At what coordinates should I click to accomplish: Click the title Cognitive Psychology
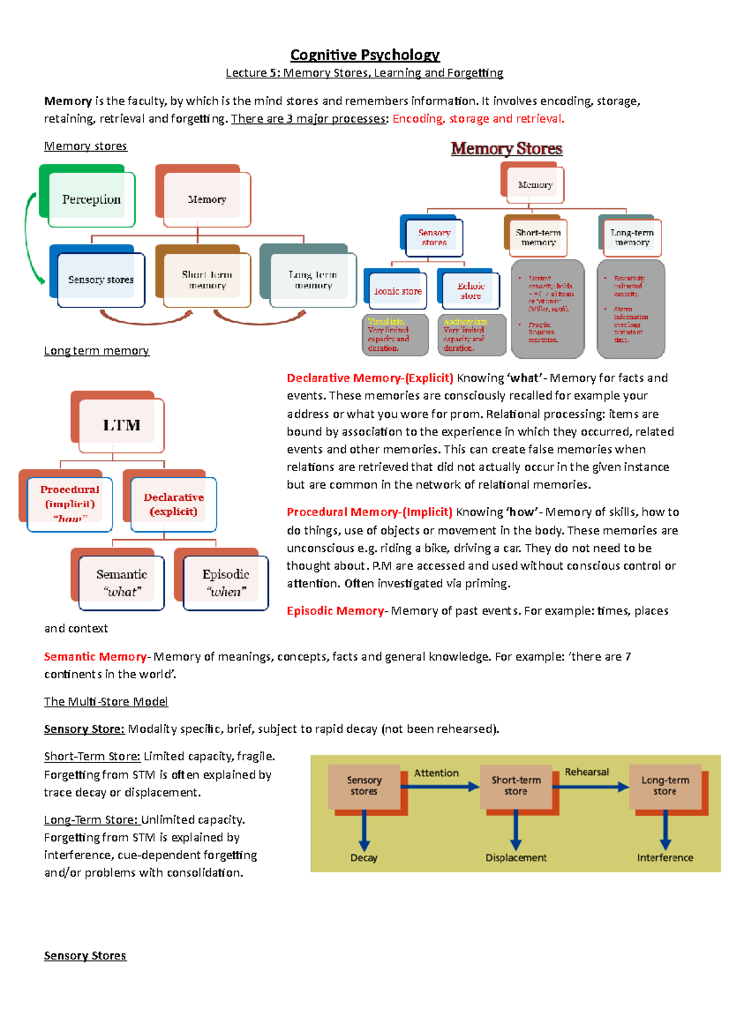click(364, 55)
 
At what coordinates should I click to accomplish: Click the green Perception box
click(91, 199)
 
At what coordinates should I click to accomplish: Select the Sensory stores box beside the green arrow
click(101, 279)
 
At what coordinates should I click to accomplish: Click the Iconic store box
click(398, 291)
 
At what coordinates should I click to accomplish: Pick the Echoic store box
click(470, 290)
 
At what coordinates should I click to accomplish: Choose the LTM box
click(121, 425)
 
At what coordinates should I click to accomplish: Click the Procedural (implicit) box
click(69, 503)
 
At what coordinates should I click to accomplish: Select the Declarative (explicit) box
click(173, 504)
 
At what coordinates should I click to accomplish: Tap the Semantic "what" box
click(122, 582)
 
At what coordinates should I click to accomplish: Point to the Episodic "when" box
click(225, 582)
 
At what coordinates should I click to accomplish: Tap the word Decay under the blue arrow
click(364, 857)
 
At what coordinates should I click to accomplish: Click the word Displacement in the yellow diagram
click(516, 857)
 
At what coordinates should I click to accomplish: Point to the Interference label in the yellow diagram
click(665, 857)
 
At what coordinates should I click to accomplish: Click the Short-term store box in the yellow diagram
click(516, 785)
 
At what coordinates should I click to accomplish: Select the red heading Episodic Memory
click(335, 611)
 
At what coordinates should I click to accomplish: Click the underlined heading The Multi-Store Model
click(106, 701)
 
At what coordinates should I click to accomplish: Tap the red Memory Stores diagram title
click(506, 149)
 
